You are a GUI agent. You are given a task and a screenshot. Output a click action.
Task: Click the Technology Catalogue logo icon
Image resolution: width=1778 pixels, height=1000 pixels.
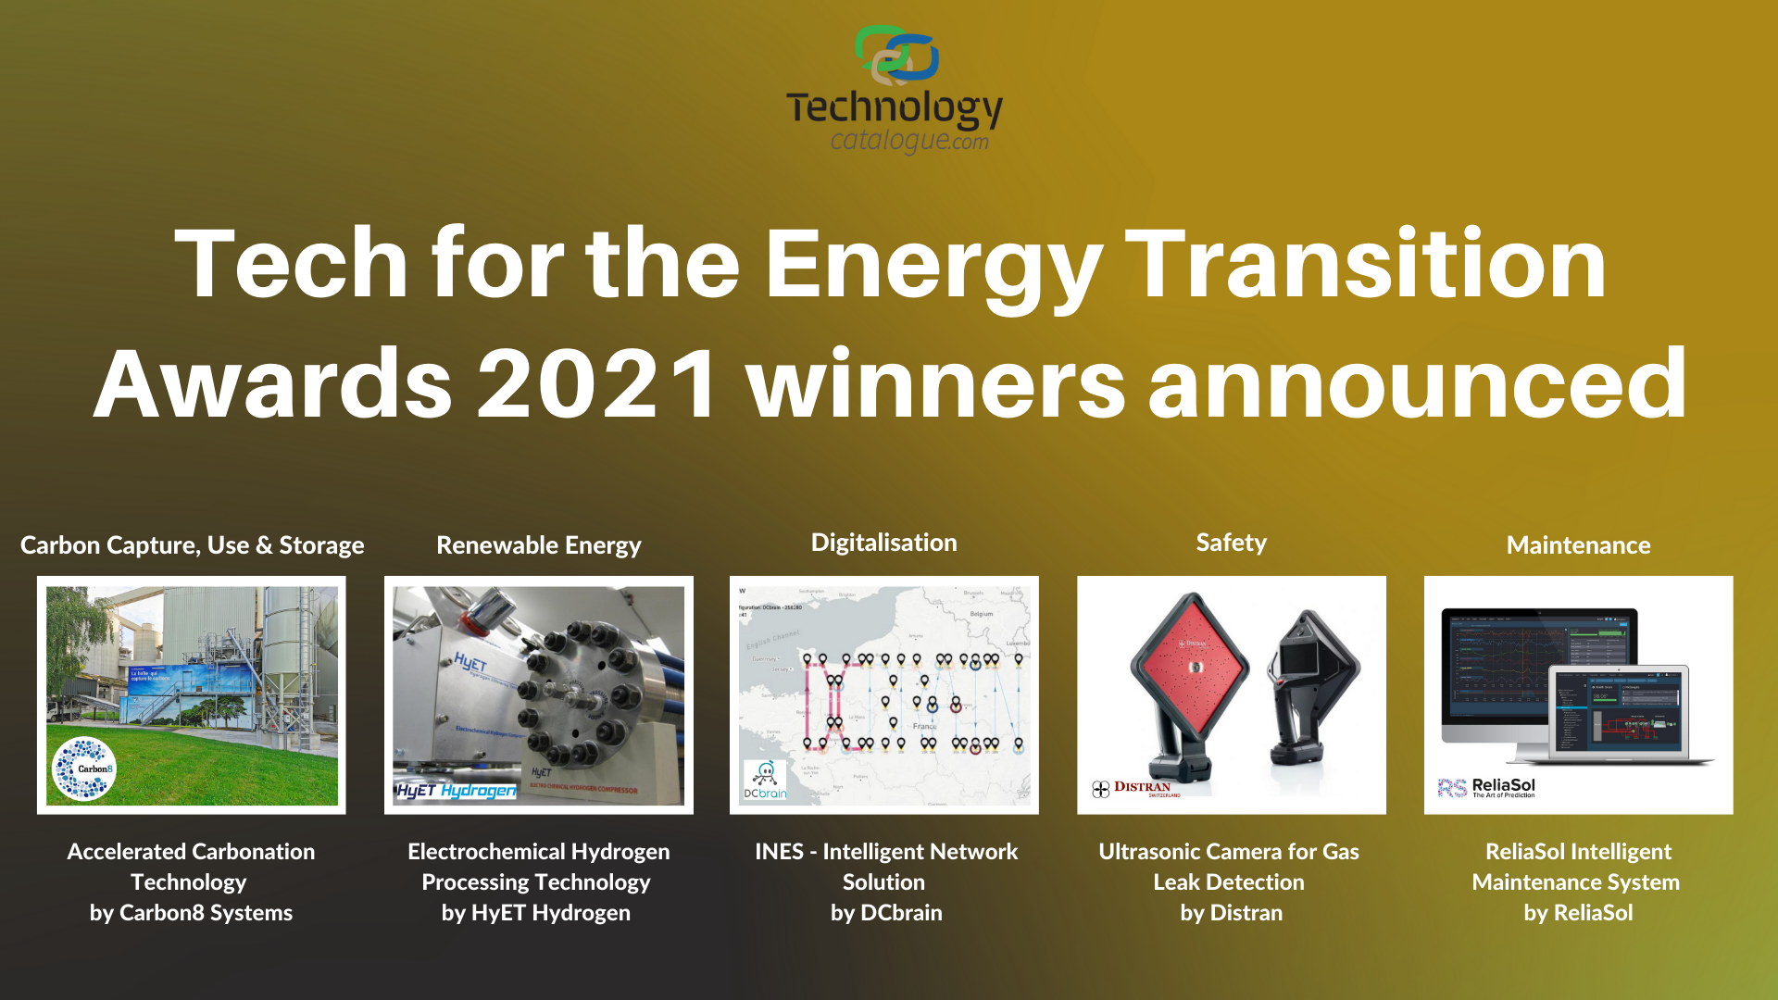896,56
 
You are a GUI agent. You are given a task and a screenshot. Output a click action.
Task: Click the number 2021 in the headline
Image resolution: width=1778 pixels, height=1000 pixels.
597,383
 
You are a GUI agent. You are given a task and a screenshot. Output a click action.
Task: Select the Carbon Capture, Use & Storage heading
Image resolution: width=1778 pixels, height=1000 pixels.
193,545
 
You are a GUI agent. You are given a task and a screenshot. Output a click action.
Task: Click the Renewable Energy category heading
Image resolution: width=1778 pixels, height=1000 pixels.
539,545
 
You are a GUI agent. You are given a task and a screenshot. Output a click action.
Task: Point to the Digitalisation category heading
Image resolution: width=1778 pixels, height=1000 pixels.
884,543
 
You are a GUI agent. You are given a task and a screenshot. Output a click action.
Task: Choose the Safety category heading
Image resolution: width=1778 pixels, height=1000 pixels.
1231,543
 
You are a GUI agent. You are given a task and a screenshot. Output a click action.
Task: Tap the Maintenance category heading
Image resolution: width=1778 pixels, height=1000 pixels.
1578,545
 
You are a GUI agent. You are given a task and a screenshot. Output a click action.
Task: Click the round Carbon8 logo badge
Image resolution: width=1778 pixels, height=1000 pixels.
84,768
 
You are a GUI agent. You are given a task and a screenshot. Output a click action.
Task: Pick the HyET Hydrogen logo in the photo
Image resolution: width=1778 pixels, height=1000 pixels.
457,790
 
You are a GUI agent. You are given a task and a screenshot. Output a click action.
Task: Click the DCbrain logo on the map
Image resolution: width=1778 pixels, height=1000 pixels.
765,780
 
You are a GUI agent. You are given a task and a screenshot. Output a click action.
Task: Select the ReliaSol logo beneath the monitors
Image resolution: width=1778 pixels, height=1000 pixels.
1487,787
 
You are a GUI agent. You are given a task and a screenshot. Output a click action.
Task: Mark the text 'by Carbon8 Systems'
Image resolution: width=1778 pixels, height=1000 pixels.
191,913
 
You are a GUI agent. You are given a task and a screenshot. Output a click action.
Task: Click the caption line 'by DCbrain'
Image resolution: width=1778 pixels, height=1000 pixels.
886,913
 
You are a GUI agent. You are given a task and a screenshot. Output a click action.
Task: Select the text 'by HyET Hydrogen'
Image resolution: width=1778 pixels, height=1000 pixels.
536,913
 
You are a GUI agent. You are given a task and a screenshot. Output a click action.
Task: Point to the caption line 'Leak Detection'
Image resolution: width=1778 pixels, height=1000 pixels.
1229,882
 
